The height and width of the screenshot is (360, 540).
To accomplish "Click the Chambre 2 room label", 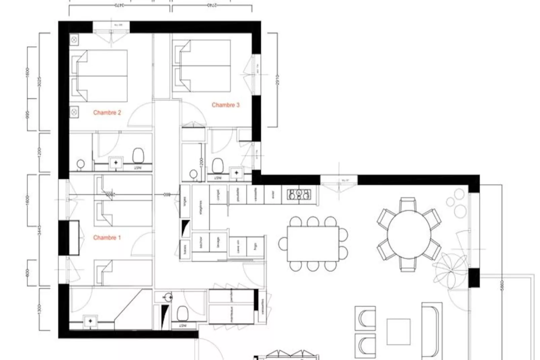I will (x=107, y=113).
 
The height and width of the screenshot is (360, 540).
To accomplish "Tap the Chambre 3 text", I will (x=226, y=105).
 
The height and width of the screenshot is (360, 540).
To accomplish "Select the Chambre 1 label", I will (x=107, y=238).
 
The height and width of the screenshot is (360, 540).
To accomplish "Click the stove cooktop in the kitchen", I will (x=299, y=194).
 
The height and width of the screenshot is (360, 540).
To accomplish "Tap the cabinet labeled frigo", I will (x=256, y=247).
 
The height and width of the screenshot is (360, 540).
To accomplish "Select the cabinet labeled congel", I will (x=219, y=194).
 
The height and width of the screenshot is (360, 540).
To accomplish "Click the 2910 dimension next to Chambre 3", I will (x=277, y=80).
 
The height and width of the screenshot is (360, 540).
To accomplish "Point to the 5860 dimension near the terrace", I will (x=502, y=286).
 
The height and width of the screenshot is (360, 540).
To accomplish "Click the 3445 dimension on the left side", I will (x=40, y=230).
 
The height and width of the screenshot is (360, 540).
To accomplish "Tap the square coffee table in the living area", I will (x=398, y=332).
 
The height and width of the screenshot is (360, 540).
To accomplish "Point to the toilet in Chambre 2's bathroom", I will (x=138, y=155).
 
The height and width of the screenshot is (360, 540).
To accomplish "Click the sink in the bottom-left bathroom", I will (x=90, y=321).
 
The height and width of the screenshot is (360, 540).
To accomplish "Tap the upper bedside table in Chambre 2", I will (x=74, y=40).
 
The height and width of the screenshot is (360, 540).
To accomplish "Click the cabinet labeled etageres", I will (x=200, y=208).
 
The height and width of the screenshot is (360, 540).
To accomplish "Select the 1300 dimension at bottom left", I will (x=40, y=309).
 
